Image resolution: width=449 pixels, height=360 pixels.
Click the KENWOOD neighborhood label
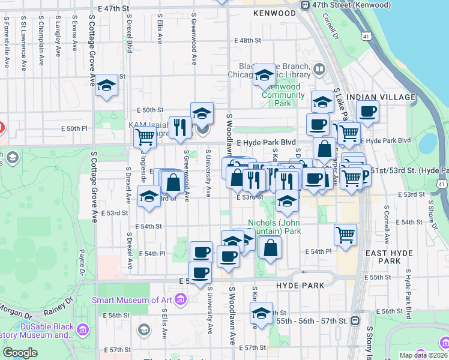274,13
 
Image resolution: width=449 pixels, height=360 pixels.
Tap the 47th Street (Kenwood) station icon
305,5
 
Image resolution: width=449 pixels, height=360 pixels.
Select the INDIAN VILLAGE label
381,97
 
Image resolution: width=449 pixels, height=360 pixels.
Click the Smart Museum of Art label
132,300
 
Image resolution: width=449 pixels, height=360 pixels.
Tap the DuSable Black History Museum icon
83,329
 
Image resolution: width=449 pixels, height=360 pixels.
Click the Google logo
20,352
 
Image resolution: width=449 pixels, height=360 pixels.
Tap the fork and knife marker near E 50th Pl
179,126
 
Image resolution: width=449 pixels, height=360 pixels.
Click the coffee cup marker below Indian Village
367,110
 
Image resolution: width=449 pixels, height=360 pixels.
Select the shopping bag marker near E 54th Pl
270,247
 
